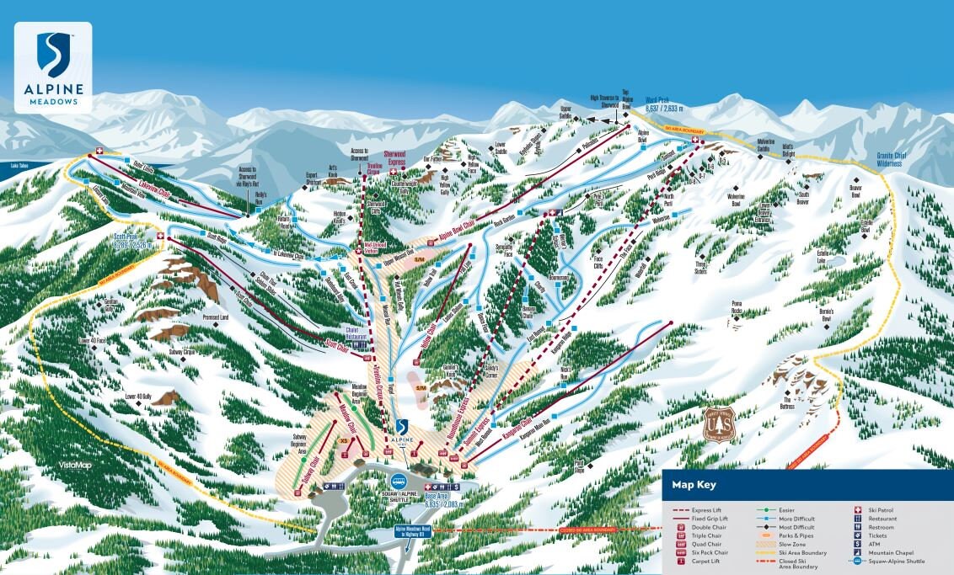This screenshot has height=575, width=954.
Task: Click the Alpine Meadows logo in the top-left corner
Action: [x=53, y=67]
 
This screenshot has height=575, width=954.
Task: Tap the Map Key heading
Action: [x=694, y=485]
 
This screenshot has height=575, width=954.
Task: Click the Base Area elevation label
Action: [x=442, y=500]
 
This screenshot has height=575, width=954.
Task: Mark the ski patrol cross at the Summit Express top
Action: [x=694, y=141]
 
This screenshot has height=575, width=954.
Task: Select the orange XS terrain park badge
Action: [x=344, y=439]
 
